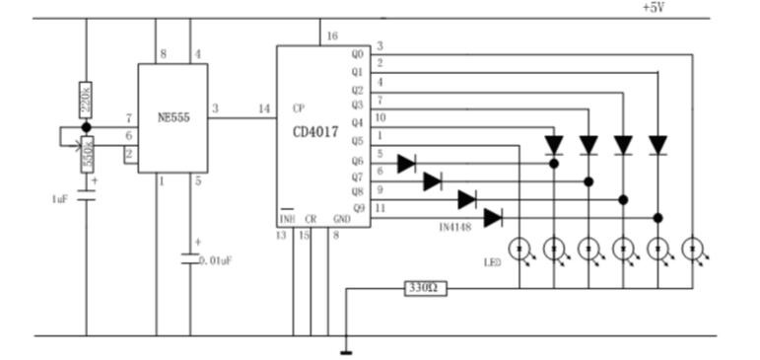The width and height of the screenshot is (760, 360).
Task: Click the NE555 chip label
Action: (173, 117)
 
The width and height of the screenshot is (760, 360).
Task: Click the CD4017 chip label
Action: (315, 132)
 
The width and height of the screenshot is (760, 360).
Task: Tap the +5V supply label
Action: (653, 8)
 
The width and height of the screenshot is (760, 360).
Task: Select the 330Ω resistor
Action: (425, 289)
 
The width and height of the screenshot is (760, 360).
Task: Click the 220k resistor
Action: (86, 100)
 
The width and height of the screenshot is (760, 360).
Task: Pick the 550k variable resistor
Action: (88, 154)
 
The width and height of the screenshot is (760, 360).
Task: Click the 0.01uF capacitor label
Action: (215, 261)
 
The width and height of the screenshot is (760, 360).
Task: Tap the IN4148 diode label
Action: (454, 227)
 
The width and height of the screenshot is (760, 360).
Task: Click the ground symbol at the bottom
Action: (346, 353)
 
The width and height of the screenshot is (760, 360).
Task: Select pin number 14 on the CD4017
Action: (264, 108)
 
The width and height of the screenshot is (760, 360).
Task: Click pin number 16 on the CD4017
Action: (332, 36)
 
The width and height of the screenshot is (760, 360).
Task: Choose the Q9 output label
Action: (358, 209)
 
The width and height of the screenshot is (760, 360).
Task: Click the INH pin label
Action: (287, 219)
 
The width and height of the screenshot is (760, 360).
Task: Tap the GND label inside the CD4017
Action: (342, 219)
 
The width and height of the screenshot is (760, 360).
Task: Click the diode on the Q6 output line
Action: (407, 164)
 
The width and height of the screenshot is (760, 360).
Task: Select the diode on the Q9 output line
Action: (493, 218)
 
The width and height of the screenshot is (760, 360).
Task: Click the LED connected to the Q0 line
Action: (692, 249)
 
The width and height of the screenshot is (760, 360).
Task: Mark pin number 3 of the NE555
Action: (215, 108)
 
